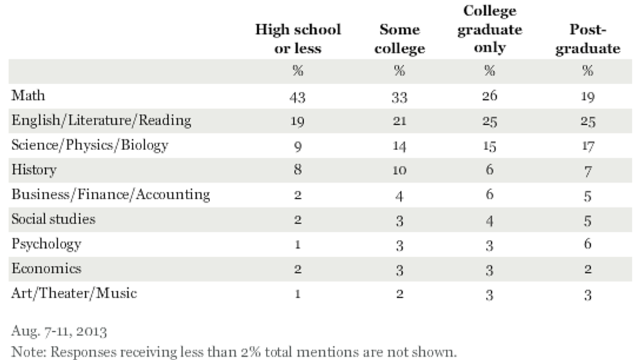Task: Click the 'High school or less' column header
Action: click(x=297, y=39)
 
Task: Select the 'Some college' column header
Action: click(x=399, y=39)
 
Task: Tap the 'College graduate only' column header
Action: click(x=489, y=29)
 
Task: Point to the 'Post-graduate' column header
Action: click(x=586, y=39)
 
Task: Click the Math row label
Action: click(x=28, y=95)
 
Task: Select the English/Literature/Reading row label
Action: click(x=101, y=120)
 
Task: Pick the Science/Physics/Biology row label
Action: click(x=90, y=145)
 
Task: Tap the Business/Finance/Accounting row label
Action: click(x=111, y=194)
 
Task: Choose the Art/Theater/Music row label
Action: click(x=74, y=293)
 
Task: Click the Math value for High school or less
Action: click(x=297, y=97)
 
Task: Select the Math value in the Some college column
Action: click(x=399, y=97)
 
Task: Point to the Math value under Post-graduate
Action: click(x=587, y=97)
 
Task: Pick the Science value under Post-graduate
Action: click(x=587, y=146)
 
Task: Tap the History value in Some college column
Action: click(x=399, y=171)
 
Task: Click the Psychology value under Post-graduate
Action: click(x=587, y=245)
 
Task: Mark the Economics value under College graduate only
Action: click(x=489, y=269)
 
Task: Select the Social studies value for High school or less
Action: click(x=297, y=220)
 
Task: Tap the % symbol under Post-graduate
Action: click(x=587, y=71)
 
